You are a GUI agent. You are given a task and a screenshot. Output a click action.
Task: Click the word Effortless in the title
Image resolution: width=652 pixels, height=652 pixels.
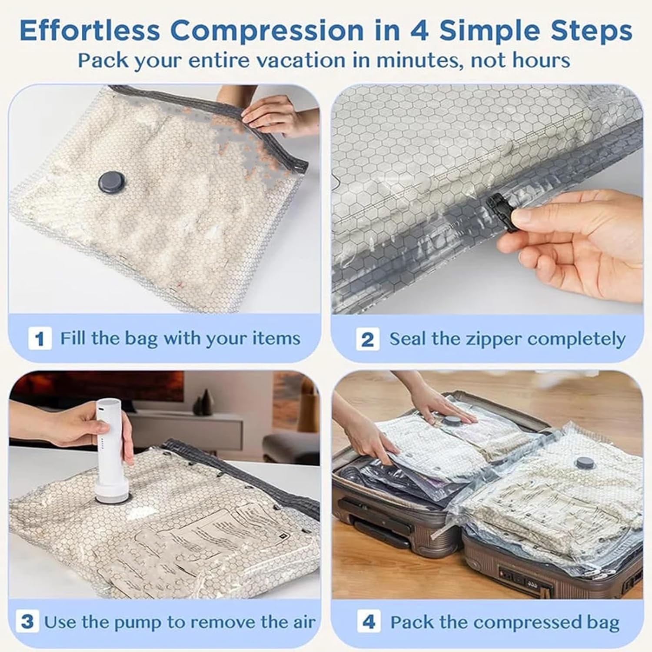click(89, 30)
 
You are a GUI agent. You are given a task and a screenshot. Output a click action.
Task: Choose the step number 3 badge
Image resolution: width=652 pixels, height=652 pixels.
click(27, 622)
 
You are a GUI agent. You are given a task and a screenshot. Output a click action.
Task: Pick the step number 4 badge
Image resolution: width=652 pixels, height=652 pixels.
click(368, 622)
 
